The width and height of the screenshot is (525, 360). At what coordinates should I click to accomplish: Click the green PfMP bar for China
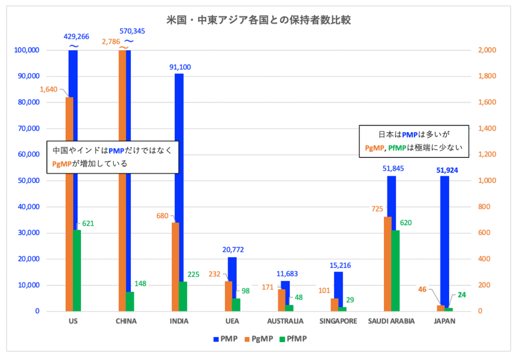130,302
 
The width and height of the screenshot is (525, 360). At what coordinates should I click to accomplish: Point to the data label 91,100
179,67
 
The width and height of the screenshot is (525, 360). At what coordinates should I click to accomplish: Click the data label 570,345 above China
132,31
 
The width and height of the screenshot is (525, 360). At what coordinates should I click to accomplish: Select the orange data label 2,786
111,42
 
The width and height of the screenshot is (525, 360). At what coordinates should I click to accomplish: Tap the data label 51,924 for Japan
445,170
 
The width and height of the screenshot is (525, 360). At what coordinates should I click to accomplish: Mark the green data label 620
406,223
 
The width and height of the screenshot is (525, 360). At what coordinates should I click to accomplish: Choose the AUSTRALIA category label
286,322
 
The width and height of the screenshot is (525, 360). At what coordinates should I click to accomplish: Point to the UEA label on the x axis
232,322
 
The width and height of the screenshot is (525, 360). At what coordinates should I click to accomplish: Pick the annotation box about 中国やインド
113,157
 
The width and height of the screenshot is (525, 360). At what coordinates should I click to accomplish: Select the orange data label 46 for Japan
422,290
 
